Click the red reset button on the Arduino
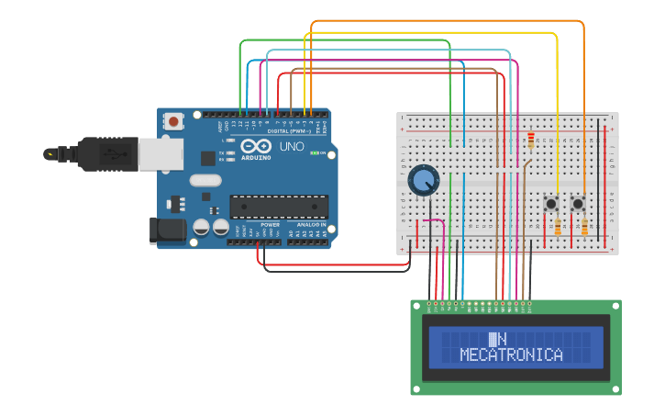click(173, 120)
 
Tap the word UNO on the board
click(292, 146)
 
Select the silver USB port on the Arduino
click(160, 153)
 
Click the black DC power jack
click(167, 230)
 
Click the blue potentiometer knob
click(423, 180)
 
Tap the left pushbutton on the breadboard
click(552, 203)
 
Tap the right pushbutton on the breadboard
click(579, 203)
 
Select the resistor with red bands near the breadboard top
click(530, 141)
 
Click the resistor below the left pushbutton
click(557, 228)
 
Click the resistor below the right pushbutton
click(584, 228)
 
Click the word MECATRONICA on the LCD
click(511, 354)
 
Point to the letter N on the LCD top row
click(501, 339)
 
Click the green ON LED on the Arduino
click(314, 152)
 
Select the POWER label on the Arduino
click(270, 224)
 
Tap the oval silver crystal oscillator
click(206, 181)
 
